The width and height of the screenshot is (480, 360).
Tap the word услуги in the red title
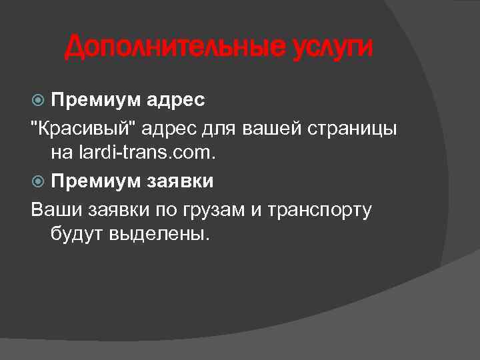point(331,48)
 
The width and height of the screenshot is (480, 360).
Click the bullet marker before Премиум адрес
point(38,101)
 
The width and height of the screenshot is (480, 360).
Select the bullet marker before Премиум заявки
point(38,181)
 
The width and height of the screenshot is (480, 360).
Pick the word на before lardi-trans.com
point(61,154)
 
